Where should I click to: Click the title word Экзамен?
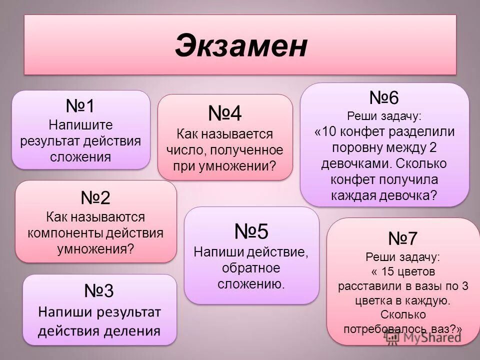240,46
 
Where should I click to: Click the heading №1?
80,106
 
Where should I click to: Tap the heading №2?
95,198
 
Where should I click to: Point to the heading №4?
225,114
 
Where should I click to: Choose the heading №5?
251,231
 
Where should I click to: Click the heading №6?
384,97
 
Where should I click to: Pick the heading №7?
402,238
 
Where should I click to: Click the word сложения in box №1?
80,157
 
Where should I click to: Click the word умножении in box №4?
241,166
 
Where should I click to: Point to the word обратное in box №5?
251,268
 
